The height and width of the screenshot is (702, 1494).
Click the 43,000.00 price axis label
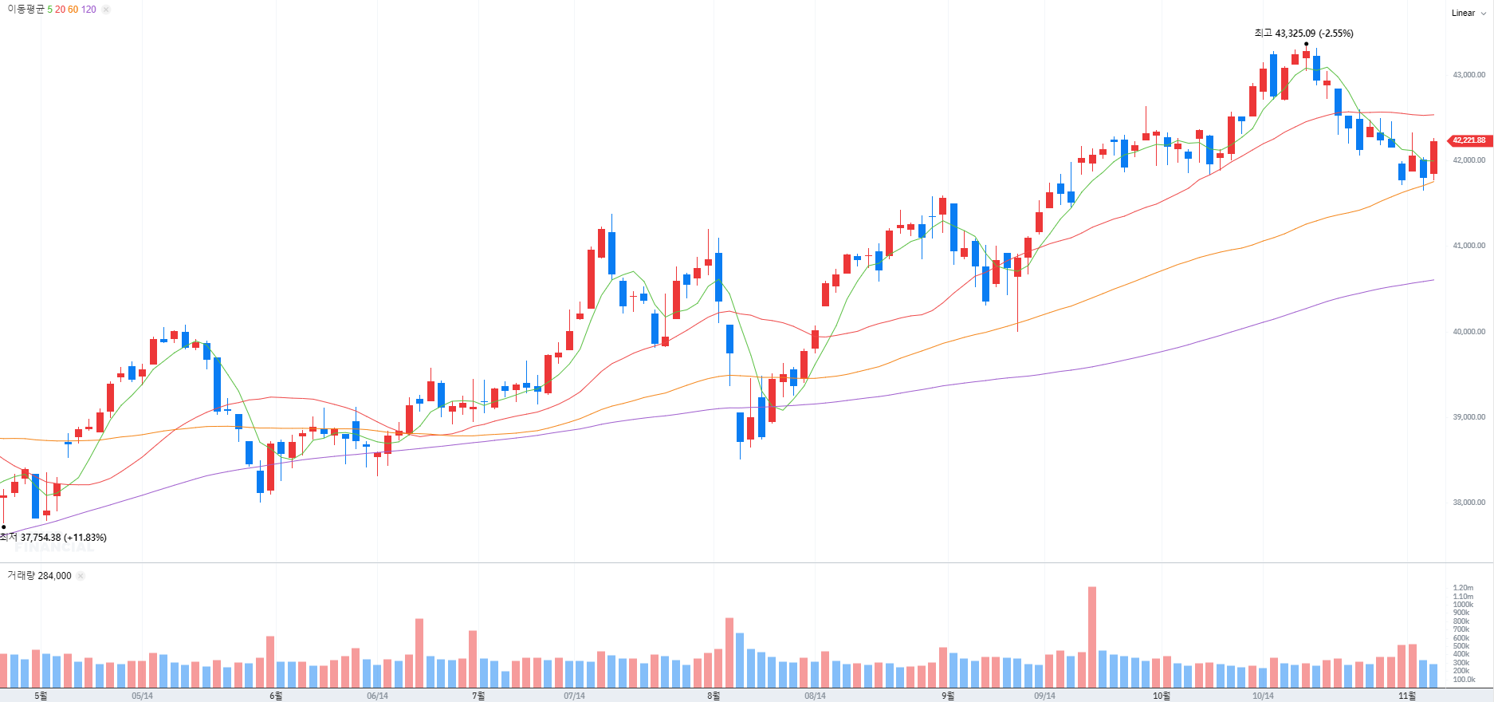tap(1468, 75)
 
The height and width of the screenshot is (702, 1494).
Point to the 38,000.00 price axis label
tap(1468, 503)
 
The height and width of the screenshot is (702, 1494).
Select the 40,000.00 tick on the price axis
tap(1468, 332)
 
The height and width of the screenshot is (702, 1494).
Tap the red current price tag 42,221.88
tap(1468, 140)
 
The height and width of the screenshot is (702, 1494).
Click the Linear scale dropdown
tap(1468, 13)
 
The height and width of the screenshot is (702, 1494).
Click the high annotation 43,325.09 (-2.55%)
tap(1303, 34)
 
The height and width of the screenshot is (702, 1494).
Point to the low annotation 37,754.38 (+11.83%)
tap(53, 538)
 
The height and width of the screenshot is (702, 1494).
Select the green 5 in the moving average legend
tap(49, 10)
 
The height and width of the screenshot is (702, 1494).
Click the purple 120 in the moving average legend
tap(88, 10)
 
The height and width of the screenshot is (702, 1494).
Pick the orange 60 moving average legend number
tap(73, 10)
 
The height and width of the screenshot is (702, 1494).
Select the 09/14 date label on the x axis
tap(1044, 696)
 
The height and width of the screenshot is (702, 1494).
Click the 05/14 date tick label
tap(142, 696)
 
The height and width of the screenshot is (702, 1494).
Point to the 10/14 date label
tap(1263, 696)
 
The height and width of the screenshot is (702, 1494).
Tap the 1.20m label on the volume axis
tap(1463, 588)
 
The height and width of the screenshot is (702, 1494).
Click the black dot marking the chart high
tap(1307, 44)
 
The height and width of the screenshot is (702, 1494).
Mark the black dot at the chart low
tap(4, 526)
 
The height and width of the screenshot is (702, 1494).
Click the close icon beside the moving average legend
tap(106, 10)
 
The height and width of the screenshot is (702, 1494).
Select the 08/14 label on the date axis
tap(815, 696)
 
